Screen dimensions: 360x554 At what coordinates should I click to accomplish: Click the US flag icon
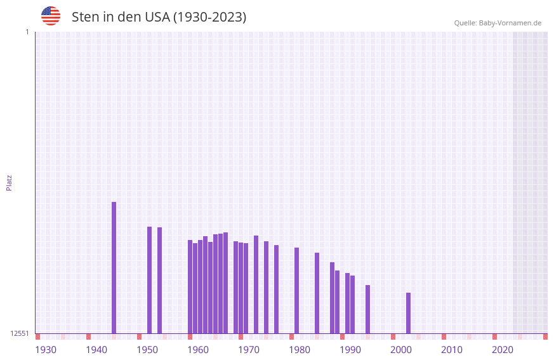click(x=51, y=16)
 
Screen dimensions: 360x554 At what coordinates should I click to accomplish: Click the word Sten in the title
click(x=84, y=17)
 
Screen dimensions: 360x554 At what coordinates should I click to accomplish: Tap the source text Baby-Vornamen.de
click(x=510, y=23)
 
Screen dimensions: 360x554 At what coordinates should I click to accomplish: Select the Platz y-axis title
click(x=9, y=182)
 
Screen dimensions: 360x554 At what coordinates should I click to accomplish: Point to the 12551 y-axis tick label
click(x=20, y=333)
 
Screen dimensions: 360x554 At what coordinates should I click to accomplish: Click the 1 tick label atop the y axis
click(x=27, y=32)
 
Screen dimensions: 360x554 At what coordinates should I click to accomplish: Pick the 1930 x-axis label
click(x=46, y=350)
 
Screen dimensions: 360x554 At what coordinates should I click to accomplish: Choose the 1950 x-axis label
click(x=147, y=350)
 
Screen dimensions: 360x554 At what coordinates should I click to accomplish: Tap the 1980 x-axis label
click(x=300, y=350)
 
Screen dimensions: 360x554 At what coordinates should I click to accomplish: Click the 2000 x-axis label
click(x=401, y=350)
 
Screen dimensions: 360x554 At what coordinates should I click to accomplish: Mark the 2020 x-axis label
click(x=503, y=350)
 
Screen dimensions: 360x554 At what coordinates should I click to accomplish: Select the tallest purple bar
click(x=114, y=267)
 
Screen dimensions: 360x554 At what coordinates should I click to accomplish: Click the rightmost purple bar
click(x=409, y=313)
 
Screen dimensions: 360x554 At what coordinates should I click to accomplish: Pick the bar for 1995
click(x=368, y=309)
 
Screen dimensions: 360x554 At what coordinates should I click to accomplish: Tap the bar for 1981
click(x=297, y=290)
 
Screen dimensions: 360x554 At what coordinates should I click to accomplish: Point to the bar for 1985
click(x=317, y=293)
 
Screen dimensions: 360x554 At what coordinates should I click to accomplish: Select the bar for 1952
click(x=150, y=280)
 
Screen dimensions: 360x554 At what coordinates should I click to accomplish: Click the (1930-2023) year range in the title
click(x=210, y=17)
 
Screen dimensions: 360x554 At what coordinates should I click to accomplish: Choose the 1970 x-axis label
click(x=249, y=350)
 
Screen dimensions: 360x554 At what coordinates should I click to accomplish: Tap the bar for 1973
click(x=256, y=284)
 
